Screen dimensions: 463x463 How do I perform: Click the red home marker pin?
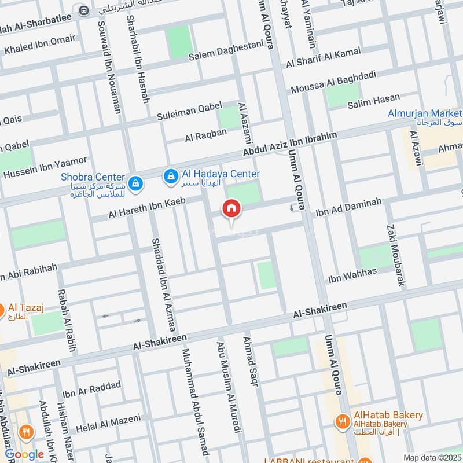231,209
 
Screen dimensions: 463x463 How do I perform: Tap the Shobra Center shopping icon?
134,183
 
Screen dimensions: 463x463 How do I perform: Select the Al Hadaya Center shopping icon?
171,177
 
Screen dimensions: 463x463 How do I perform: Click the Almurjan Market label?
425,112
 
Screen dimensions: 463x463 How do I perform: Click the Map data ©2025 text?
431,457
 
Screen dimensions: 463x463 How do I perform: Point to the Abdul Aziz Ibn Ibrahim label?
297,143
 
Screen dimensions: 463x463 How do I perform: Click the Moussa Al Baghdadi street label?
334,82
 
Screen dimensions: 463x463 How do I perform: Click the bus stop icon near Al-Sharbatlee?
84,10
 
